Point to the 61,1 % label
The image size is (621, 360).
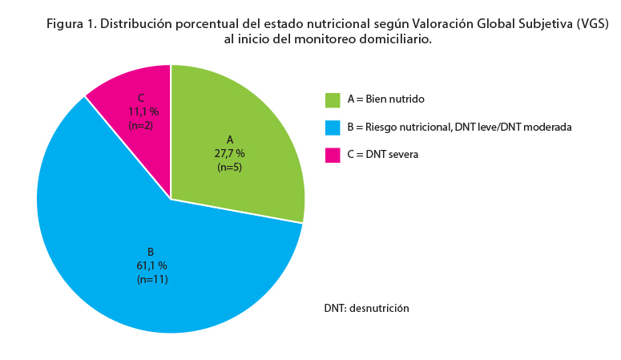click(151, 265)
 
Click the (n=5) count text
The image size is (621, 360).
click(231, 167)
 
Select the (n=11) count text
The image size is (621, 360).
click(151, 279)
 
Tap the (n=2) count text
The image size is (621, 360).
click(141, 125)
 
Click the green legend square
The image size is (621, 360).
click(333, 99)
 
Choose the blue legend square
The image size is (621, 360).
click(333, 127)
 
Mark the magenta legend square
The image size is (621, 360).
click(333, 156)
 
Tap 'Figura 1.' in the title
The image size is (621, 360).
click(71, 23)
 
